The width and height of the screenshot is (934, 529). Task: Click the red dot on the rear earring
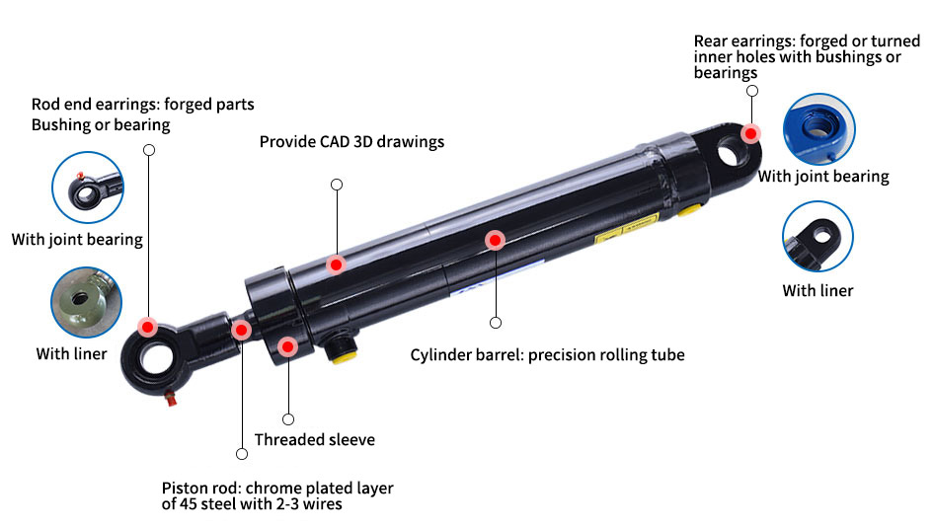751,132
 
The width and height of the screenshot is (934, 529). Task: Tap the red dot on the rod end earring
147,327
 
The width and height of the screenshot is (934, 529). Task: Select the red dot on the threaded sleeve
287,346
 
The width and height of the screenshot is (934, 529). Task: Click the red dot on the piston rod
241,330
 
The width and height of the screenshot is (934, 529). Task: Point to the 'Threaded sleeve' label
314,440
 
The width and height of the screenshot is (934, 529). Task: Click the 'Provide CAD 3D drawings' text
351,141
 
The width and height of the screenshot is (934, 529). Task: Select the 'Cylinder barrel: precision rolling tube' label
547,354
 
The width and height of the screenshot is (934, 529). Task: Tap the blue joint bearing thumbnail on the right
818,130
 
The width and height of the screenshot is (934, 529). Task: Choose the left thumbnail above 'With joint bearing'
87,188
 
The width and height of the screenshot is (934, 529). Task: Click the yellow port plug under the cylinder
343,353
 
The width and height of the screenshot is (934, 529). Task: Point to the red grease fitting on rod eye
171,398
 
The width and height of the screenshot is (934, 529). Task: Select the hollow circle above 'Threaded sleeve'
288,419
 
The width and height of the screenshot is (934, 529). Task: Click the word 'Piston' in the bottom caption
185,489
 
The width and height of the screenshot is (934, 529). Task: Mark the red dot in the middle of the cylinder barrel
495,240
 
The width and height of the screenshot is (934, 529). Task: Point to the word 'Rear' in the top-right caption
711,40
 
